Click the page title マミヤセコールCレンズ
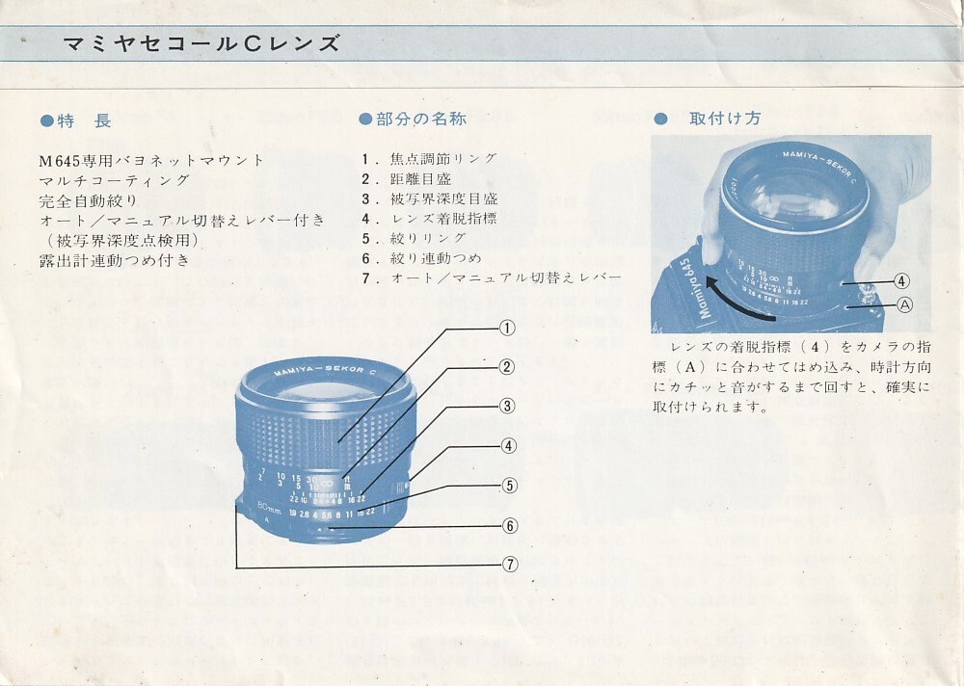(201, 43)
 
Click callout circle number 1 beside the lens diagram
(507, 329)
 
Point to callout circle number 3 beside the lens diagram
(507, 406)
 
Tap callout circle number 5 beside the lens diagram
(509, 486)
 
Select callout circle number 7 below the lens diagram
(510, 565)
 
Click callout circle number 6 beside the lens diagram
(510, 525)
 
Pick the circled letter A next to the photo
(905, 304)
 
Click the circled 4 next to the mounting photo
(901, 281)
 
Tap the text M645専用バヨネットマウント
(151, 161)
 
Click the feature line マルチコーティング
(115, 181)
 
